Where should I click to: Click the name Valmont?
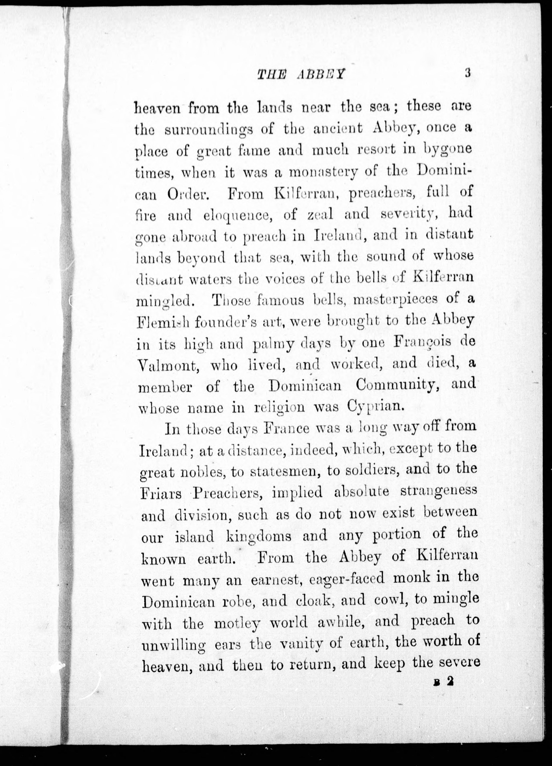[169, 366]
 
